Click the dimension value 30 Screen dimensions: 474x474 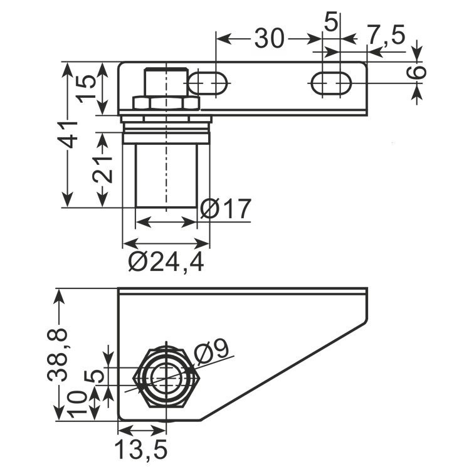[270, 38]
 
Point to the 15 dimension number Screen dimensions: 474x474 [86, 89]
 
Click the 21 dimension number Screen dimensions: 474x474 [103, 169]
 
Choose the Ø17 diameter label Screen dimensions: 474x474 [226, 209]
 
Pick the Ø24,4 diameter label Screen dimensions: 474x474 [166, 262]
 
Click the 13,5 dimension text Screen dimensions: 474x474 [141, 449]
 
